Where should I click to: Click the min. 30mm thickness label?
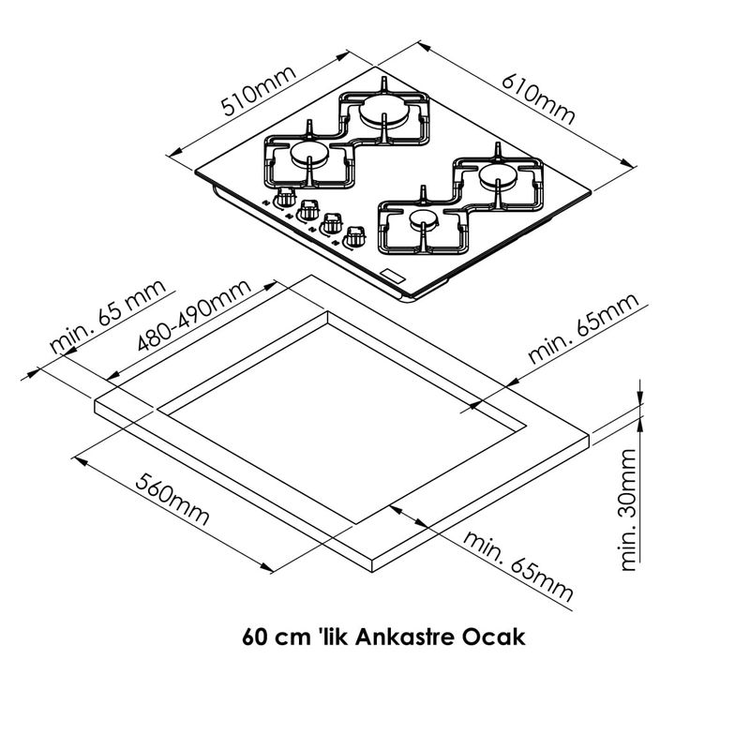coord(628,509)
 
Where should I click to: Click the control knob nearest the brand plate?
coord(353,236)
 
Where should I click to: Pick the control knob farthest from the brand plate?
coord(286,198)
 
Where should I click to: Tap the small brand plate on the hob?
coord(394,275)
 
